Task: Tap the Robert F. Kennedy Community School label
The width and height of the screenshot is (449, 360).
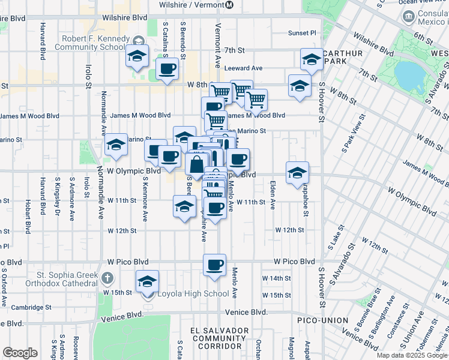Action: pos(93,43)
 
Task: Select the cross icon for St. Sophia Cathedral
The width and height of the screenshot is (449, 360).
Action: pos(107,278)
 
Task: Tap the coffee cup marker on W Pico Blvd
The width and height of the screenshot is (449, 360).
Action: pos(214,265)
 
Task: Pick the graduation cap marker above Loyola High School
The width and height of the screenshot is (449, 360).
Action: pos(148,281)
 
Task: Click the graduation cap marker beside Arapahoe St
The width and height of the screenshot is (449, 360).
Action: pos(297,173)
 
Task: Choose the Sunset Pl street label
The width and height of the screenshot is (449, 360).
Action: pos(301,33)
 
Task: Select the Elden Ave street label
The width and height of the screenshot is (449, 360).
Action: pos(273,195)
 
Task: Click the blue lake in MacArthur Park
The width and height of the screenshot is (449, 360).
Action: pos(409,74)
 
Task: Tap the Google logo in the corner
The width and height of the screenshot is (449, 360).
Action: pos(20,353)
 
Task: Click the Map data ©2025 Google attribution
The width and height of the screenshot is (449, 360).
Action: pos(412,355)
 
